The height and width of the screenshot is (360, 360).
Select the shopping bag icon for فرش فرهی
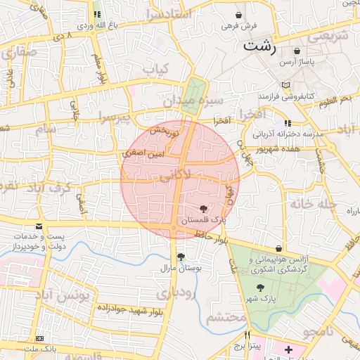pos(239,15)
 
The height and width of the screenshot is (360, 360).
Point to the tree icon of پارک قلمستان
pos(204,208)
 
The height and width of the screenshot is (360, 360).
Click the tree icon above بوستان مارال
pos(181,257)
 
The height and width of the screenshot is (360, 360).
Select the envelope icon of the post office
pos(38,226)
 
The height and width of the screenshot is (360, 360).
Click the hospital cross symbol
pos(288,349)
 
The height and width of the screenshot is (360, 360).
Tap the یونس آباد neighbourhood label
pos(64,295)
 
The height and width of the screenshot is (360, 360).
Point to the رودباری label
pos(174,291)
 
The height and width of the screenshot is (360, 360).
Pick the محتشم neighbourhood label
pos(227,317)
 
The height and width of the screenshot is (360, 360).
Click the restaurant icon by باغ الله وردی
pos(97,14)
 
